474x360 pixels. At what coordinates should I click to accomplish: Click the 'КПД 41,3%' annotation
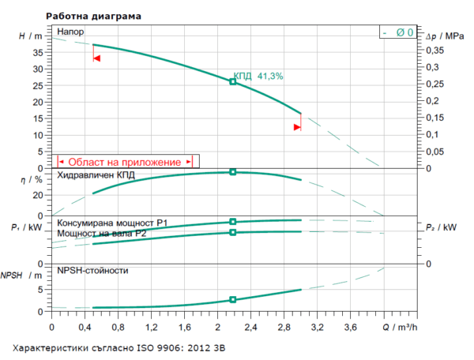click(x=258, y=76)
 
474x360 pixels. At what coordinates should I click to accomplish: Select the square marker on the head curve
click(x=232, y=81)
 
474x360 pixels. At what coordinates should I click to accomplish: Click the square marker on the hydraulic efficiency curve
click(x=232, y=171)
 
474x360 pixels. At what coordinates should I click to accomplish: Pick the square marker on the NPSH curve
click(x=232, y=300)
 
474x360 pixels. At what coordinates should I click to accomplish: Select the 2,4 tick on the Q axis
click(x=251, y=325)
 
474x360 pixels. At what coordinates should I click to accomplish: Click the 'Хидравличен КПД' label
click(x=93, y=175)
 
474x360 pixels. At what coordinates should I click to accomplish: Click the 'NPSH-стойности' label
click(x=92, y=271)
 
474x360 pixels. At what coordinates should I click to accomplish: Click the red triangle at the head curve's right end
click(x=297, y=126)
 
